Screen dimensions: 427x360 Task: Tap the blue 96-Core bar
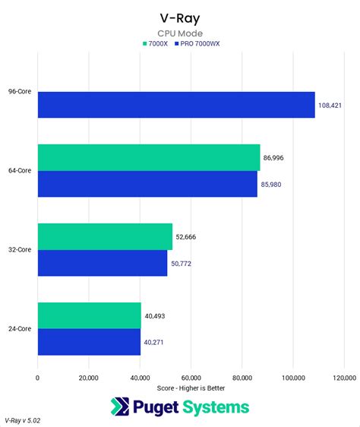tap(175, 105)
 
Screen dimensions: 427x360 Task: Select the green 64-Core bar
tap(148, 157)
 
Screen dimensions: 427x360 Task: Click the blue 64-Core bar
tap(147, 184)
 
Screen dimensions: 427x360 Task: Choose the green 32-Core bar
tap(105, 236)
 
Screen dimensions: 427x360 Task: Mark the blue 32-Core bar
tap(102, 263)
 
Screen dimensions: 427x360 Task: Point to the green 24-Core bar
tap(89, 315)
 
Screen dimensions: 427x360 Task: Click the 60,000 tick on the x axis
tap(191, 378)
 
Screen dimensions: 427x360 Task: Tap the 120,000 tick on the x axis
tap(343, 378)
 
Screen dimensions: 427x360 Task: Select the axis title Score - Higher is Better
tap(191, 388)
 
